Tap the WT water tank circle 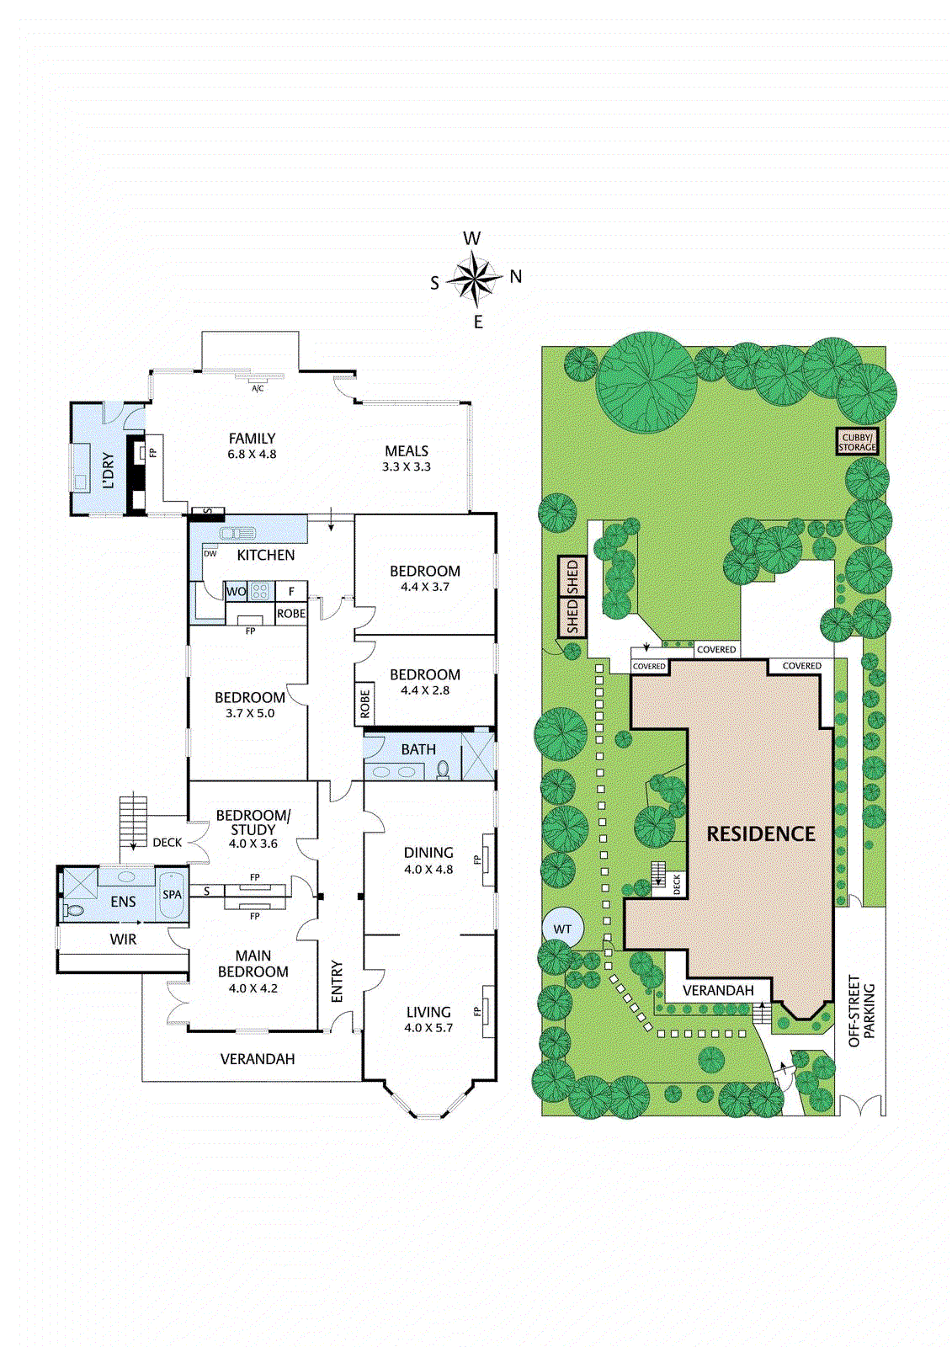pos(562,929)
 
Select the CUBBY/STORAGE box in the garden pos(858,442)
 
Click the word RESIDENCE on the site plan pos(761,833)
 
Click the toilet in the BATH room pos(443,770)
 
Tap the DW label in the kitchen pos(210,554)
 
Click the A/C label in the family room pos(258,388)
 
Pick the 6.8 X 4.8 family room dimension pos(252,455)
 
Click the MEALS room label pos(407,451)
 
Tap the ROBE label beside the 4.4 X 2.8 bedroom pos(364,704)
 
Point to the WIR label pos(123,939)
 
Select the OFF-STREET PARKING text pos(862,1015)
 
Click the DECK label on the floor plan pos(168,843)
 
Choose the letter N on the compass pos(516,277)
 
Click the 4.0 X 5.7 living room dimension pos(428,1028)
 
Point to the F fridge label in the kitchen pos(292,592)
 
